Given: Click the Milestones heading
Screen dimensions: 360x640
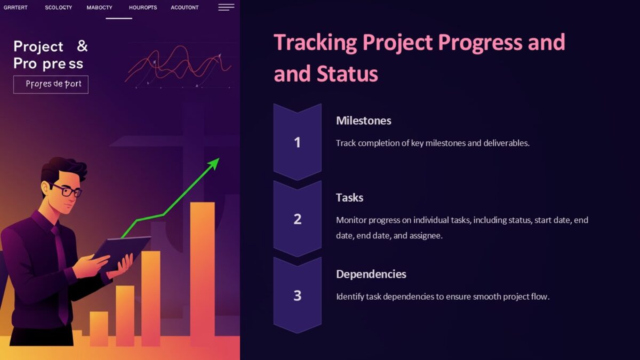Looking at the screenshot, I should pyautogui.click(x=363, y=121).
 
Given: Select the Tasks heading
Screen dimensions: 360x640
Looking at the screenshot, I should pyautogui.click(x=349, y=197).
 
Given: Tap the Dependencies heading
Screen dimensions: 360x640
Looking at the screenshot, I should pyautogui.click(x=371, y=274).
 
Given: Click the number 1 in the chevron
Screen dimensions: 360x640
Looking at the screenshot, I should pyautogui.click(x=297, y=142).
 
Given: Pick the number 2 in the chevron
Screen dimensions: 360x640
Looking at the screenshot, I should pyautogui.click(x=297, y=219).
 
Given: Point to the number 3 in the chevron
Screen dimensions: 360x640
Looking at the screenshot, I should pyautogui.click(x=297, y=295).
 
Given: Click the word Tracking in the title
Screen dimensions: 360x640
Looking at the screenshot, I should pyautogui.click(x=315, y=42).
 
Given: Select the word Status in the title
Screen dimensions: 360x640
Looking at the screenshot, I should pyautogui.click(x=347, y=74).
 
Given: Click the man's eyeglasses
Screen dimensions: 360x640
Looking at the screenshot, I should pyautogui.click(x=67, y=190).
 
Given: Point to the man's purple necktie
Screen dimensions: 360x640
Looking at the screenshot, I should pyautogui.click(x=60, y=267).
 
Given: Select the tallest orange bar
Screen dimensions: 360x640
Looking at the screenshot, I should pyautogui.click(x=202, y=272).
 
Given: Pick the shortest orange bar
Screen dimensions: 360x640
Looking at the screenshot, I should pyautogui.click(x=99, y=328).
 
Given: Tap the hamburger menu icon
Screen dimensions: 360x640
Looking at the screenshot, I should pyautogui.click(x=226, y=7).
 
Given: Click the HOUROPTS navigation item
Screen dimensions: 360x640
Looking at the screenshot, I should pyautogui.click(x=143, y=7).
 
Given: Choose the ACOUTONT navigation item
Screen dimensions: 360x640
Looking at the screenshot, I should pyautogui.click(x=185, y=7).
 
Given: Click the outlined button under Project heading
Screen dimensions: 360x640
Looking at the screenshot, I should pyautogui.click(x=51, y=84).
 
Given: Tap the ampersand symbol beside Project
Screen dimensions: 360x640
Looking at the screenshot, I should pyautogui.click(x=82, y=46).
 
